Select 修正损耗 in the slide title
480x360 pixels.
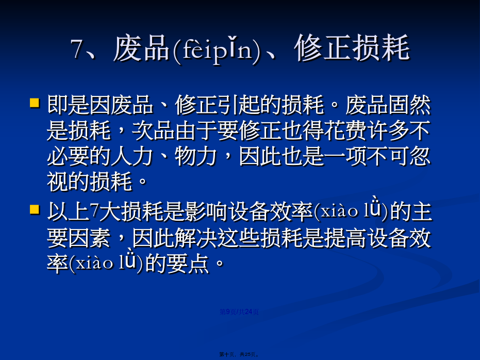pos(352,48)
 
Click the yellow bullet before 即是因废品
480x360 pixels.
pos(35,103)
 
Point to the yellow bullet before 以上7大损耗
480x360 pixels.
pos(35,210)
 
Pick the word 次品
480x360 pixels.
pos(153,130)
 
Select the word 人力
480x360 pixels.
pos(132,156)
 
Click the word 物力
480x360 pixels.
pos(196,156)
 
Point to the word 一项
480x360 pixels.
pos(345,156)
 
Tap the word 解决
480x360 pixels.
pos(196,238)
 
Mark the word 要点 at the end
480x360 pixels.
pos(188,264)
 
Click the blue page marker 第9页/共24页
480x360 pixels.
pos(239,312)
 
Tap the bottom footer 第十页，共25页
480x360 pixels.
pos(239,354)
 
